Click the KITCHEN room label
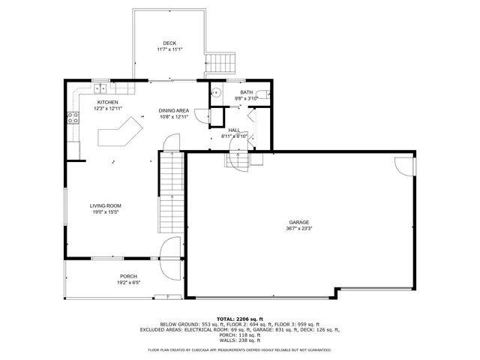(107, 102)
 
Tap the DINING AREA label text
(172, 110)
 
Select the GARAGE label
(299, 222)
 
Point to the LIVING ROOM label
(105, 205)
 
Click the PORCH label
(128, 276)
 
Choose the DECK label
(169, 43)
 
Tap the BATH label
(246, 91)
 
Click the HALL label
(234, 130)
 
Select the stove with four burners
(73, 116)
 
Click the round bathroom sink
(215, 93)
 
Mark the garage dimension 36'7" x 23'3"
(299, 229)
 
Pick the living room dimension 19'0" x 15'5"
(105, 212)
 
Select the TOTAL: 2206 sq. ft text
(240, 319)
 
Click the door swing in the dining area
(201, 115)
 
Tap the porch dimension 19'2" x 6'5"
(128, 283)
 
